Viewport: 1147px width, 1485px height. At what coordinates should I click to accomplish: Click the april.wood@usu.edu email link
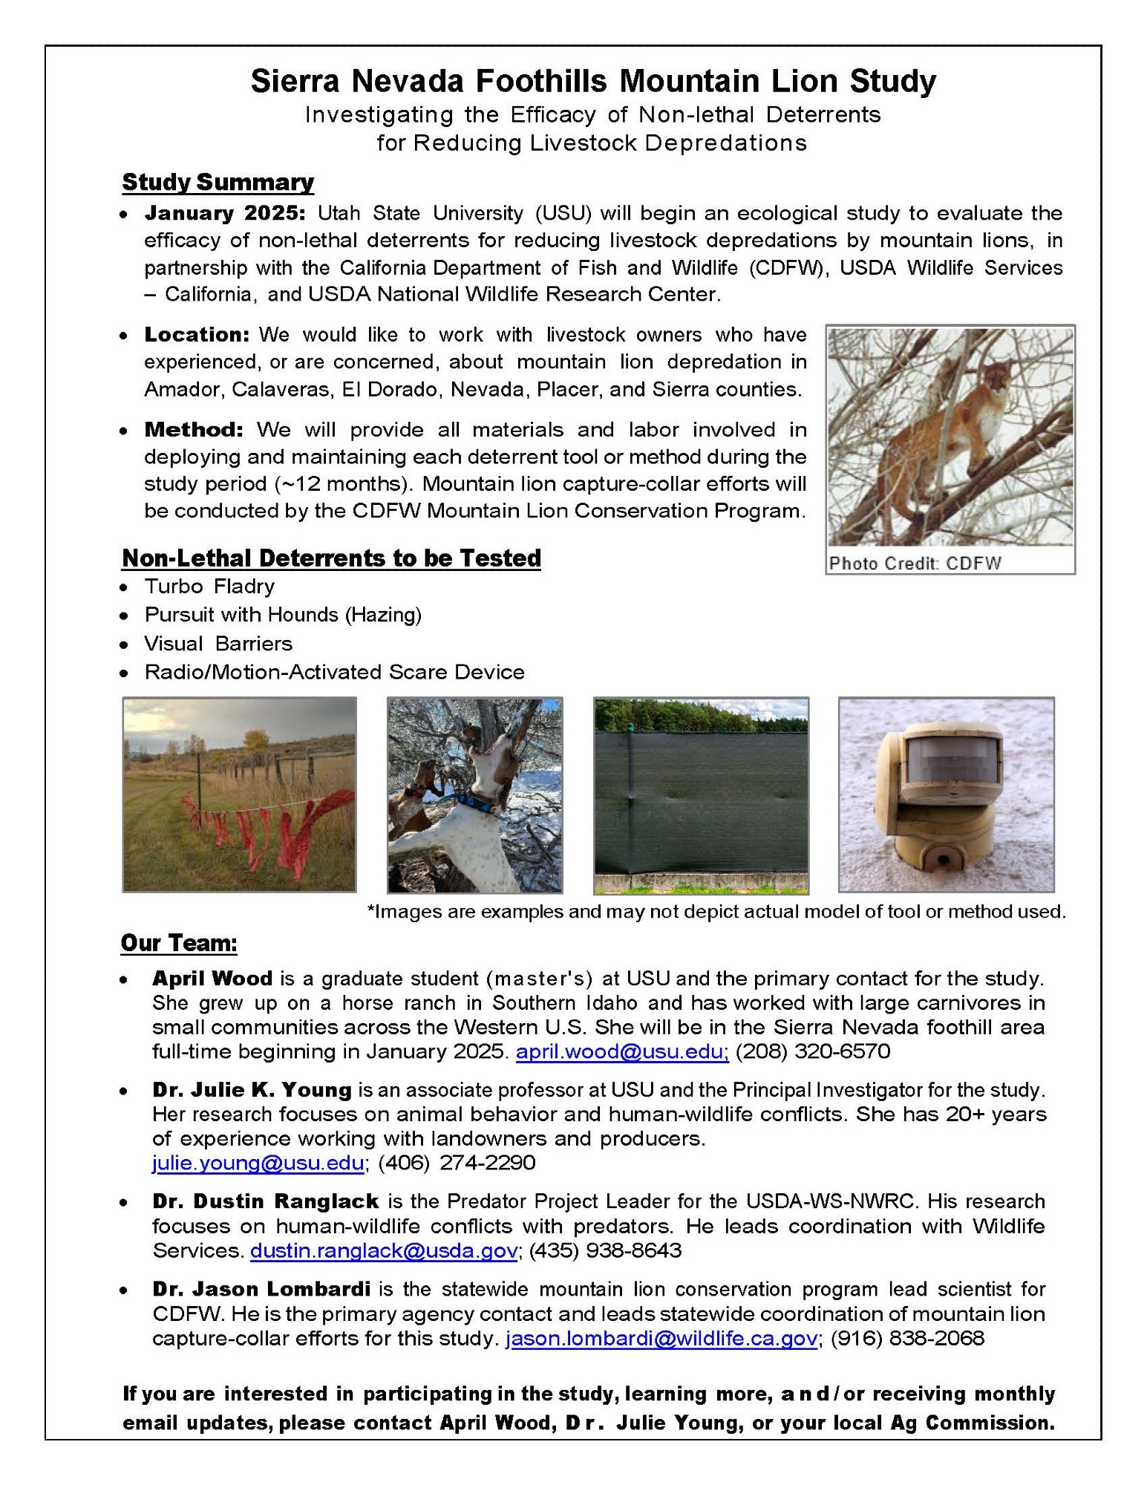point(622,1051)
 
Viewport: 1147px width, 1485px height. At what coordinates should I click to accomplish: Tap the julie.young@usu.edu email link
point(258,1162)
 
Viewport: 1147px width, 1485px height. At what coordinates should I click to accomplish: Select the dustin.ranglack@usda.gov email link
point(383,1250)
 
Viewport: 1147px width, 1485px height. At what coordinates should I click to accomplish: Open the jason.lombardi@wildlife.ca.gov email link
point(661,1338)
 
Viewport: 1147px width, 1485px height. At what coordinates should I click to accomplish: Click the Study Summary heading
point(218,183)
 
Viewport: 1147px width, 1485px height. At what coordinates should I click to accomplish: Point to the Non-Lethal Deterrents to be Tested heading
point(331,558)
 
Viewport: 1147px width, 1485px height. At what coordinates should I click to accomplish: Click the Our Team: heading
point(179,943)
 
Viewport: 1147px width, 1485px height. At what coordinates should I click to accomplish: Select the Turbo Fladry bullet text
point(209,587)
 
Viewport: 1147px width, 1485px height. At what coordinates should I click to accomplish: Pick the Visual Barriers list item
point(218,644)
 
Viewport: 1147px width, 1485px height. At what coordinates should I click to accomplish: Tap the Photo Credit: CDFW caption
point(915,563)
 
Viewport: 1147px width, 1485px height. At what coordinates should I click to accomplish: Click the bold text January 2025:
point(225,213)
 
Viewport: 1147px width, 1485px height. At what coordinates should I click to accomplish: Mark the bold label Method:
point(194,430)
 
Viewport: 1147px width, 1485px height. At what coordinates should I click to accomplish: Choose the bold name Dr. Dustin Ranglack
point(266,1201)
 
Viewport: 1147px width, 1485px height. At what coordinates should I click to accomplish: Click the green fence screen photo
point(701,794)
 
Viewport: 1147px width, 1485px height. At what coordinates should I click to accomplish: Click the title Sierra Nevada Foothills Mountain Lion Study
point(593,81)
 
